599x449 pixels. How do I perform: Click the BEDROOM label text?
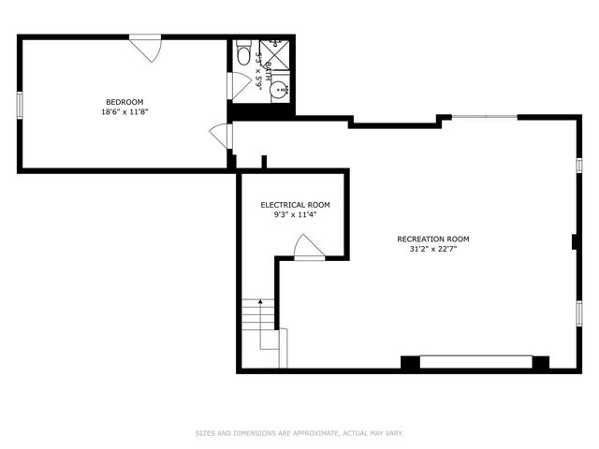[124, 102]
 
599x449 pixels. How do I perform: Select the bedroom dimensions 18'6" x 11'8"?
[124, 112]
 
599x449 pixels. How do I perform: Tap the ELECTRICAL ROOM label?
[295, 205]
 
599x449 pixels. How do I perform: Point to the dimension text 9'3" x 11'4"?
[295, 215]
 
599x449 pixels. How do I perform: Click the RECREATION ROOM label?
[433, 239]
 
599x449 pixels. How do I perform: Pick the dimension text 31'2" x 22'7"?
[433, 250]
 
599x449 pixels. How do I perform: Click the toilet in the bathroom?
[243, 52]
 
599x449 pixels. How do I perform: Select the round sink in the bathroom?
[278, 92]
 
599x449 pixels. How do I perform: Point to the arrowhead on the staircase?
[250, 302]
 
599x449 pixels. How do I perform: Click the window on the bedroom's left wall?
[19, 106]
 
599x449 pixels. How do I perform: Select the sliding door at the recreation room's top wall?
[484, 117]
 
